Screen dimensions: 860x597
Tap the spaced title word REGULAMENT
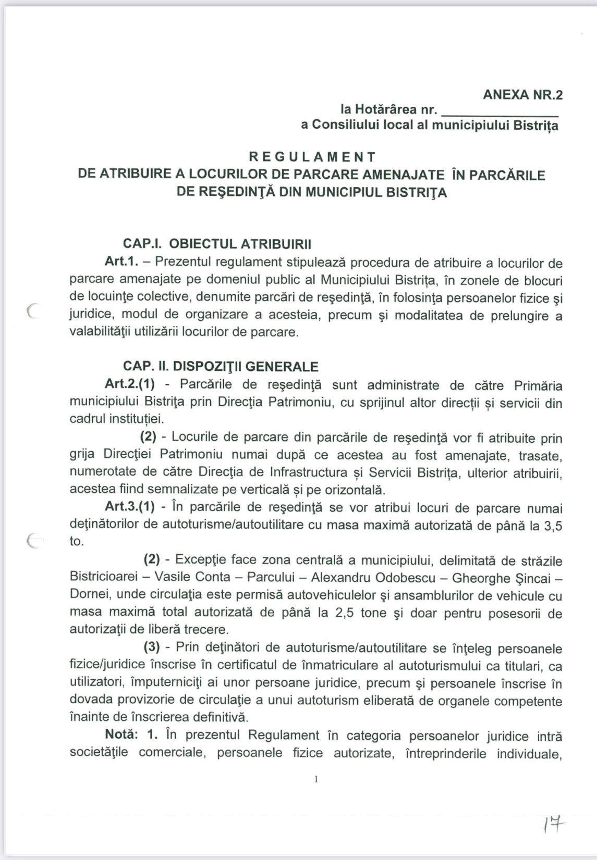[x=312, y=156]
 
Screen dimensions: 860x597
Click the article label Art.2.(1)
[x=130, y=384]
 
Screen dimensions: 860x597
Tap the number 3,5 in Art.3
[x=553, y=525]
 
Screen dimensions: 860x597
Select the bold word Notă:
[x=121, y=735]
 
